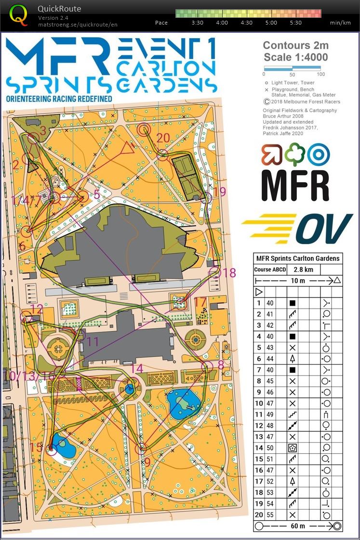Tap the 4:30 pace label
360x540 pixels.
pos(246,23)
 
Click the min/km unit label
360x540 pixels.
pos(340,23)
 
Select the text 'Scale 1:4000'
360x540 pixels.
pos(295,57)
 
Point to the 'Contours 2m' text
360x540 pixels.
pos(295,46)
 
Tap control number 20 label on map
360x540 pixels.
pos(163,138)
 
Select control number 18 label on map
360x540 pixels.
pos(229,273)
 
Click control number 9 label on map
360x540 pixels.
pos(147,462)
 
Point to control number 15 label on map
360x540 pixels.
pos(36,447)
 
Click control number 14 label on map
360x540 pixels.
pos(137,369)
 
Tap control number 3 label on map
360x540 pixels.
pos(43,130)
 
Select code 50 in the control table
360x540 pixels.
pos(270,447)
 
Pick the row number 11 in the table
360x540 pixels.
pos(259,414)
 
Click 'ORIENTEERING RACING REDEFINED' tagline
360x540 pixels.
pos(59,99)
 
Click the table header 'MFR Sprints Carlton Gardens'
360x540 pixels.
pos(297,258)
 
